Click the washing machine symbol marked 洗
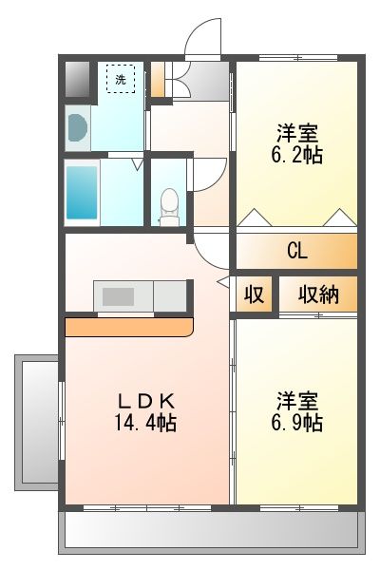121,79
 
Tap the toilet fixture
169,206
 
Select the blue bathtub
82,193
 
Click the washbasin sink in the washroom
78,127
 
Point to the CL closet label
297,251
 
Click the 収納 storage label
318,294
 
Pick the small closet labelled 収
254,294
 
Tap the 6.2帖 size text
296,156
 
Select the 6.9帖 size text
296,423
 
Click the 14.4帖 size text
145,423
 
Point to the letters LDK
146,402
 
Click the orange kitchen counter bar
129,327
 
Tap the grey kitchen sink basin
118,296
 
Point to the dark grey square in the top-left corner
77,79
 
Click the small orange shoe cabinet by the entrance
158,79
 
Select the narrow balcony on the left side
36,422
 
